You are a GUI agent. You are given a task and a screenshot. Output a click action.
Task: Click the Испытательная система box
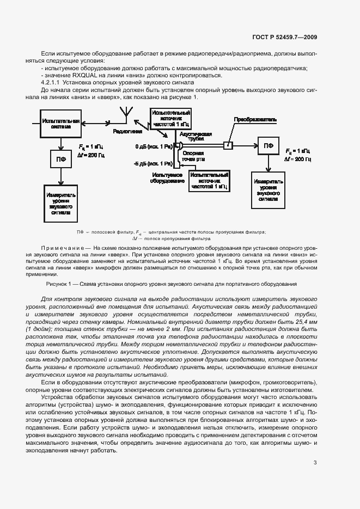point(61,124)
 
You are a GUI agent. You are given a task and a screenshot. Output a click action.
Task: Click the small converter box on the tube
point(229,145)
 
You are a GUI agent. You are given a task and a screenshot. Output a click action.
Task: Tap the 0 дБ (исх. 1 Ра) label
point(154,146)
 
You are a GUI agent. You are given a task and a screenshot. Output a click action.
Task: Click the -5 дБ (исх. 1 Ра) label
point(153,163)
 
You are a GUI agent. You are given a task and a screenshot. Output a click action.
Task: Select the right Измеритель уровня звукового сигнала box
point(267,189)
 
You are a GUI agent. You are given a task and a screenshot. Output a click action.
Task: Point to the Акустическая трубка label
point(195,136)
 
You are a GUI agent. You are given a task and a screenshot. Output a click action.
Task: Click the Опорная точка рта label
point(193,157)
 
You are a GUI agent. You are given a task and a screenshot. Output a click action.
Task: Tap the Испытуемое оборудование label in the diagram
point(167,178)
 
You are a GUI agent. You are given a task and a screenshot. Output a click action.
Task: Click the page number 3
point(315,463)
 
